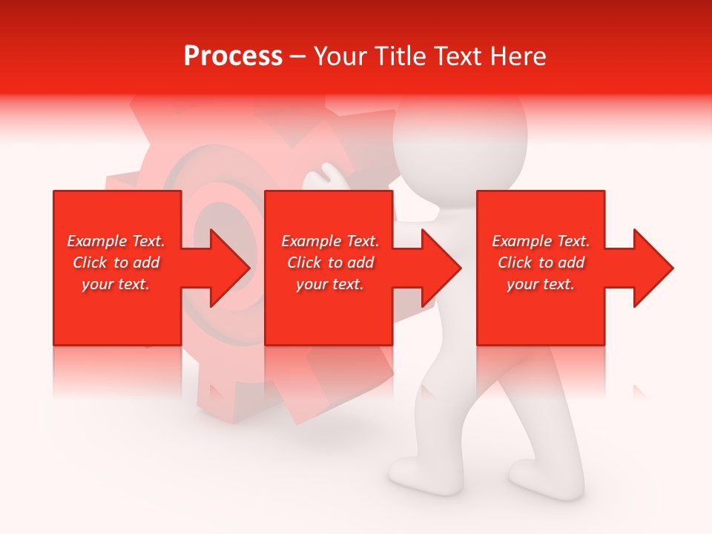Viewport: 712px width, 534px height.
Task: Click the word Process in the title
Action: click(x=233, y=56)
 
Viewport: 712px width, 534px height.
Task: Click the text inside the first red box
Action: click(x=116, y=263)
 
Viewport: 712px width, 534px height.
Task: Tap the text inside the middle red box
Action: click(x=329, y=263)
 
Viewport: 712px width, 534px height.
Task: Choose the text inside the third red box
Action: click(x=541, y=263)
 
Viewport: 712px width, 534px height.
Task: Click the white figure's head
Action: click(x=460, y=141)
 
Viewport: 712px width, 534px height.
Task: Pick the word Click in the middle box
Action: click(x=303, y=263)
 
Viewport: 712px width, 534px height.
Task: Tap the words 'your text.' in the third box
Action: click(x=541, y=284)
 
